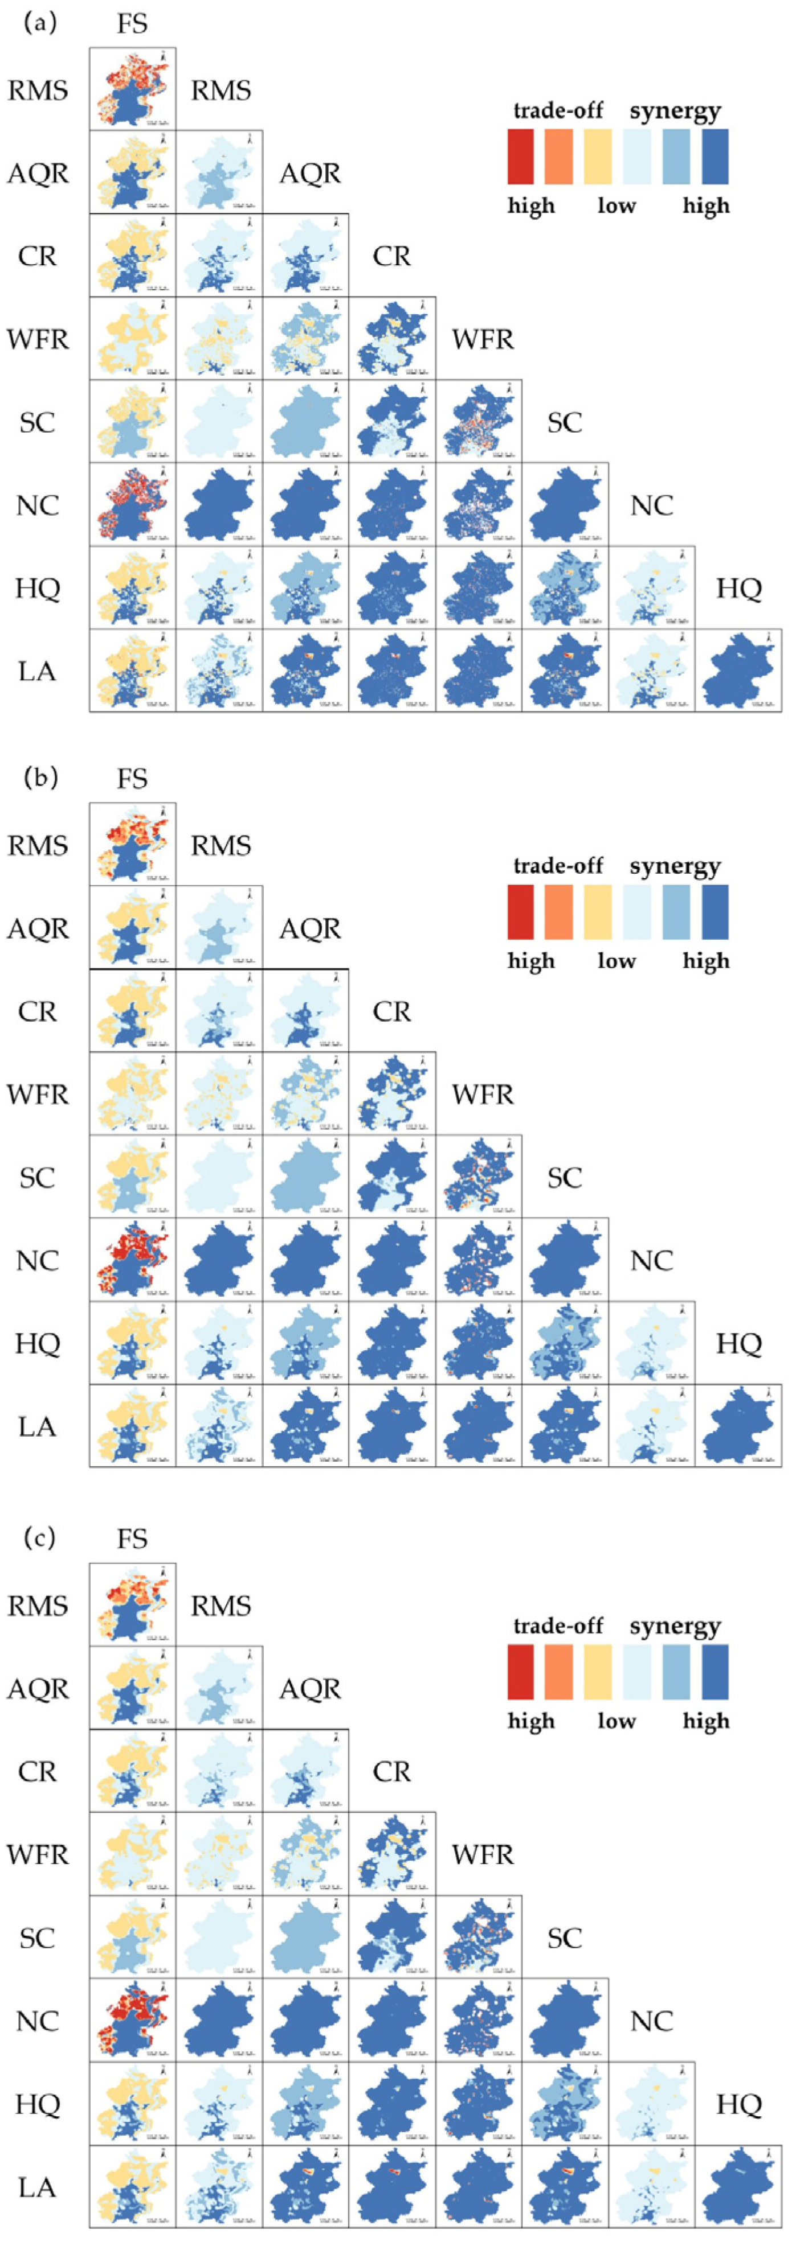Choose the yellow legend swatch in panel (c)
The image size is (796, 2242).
coord(598,1672)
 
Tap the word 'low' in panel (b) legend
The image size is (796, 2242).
coord(617,961)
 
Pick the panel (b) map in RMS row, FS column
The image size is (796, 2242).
coord(132,844)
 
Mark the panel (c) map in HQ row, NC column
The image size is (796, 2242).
coord(651,2104)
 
